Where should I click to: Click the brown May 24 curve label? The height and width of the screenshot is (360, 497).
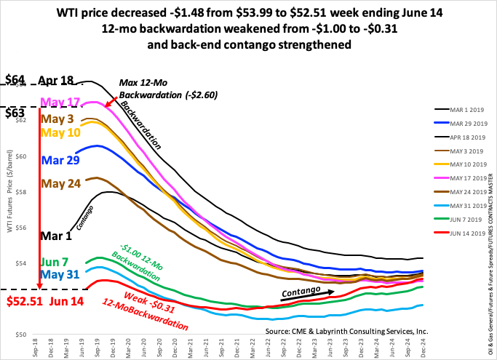(60, 183)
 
